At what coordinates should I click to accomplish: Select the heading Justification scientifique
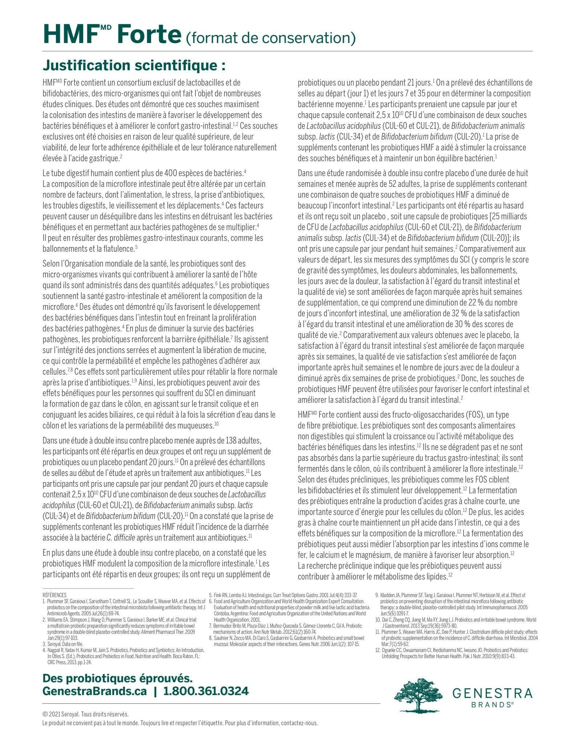point(134,66)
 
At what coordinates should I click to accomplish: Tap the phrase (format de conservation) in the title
point(271,37)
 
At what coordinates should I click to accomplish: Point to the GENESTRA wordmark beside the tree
point(492,693)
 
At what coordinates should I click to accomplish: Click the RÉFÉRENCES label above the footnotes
point(54,595)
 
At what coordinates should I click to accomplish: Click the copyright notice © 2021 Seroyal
point(86,714)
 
